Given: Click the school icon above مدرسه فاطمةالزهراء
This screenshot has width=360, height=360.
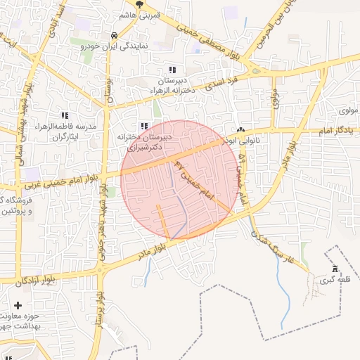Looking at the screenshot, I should point(65,115).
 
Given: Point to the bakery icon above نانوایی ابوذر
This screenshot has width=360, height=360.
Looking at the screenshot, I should point(241,129).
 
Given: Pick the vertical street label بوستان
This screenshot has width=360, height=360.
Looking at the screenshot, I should point(109,91).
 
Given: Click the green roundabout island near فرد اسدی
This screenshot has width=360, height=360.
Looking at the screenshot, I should point(257,70).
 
